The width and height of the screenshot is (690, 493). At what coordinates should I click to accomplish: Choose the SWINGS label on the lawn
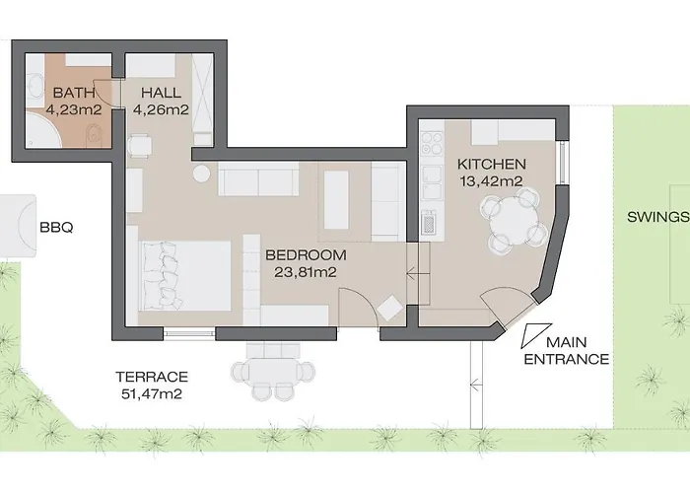click(x=655, y=218)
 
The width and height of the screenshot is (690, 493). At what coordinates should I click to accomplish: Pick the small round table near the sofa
click(x=201, y=173)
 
